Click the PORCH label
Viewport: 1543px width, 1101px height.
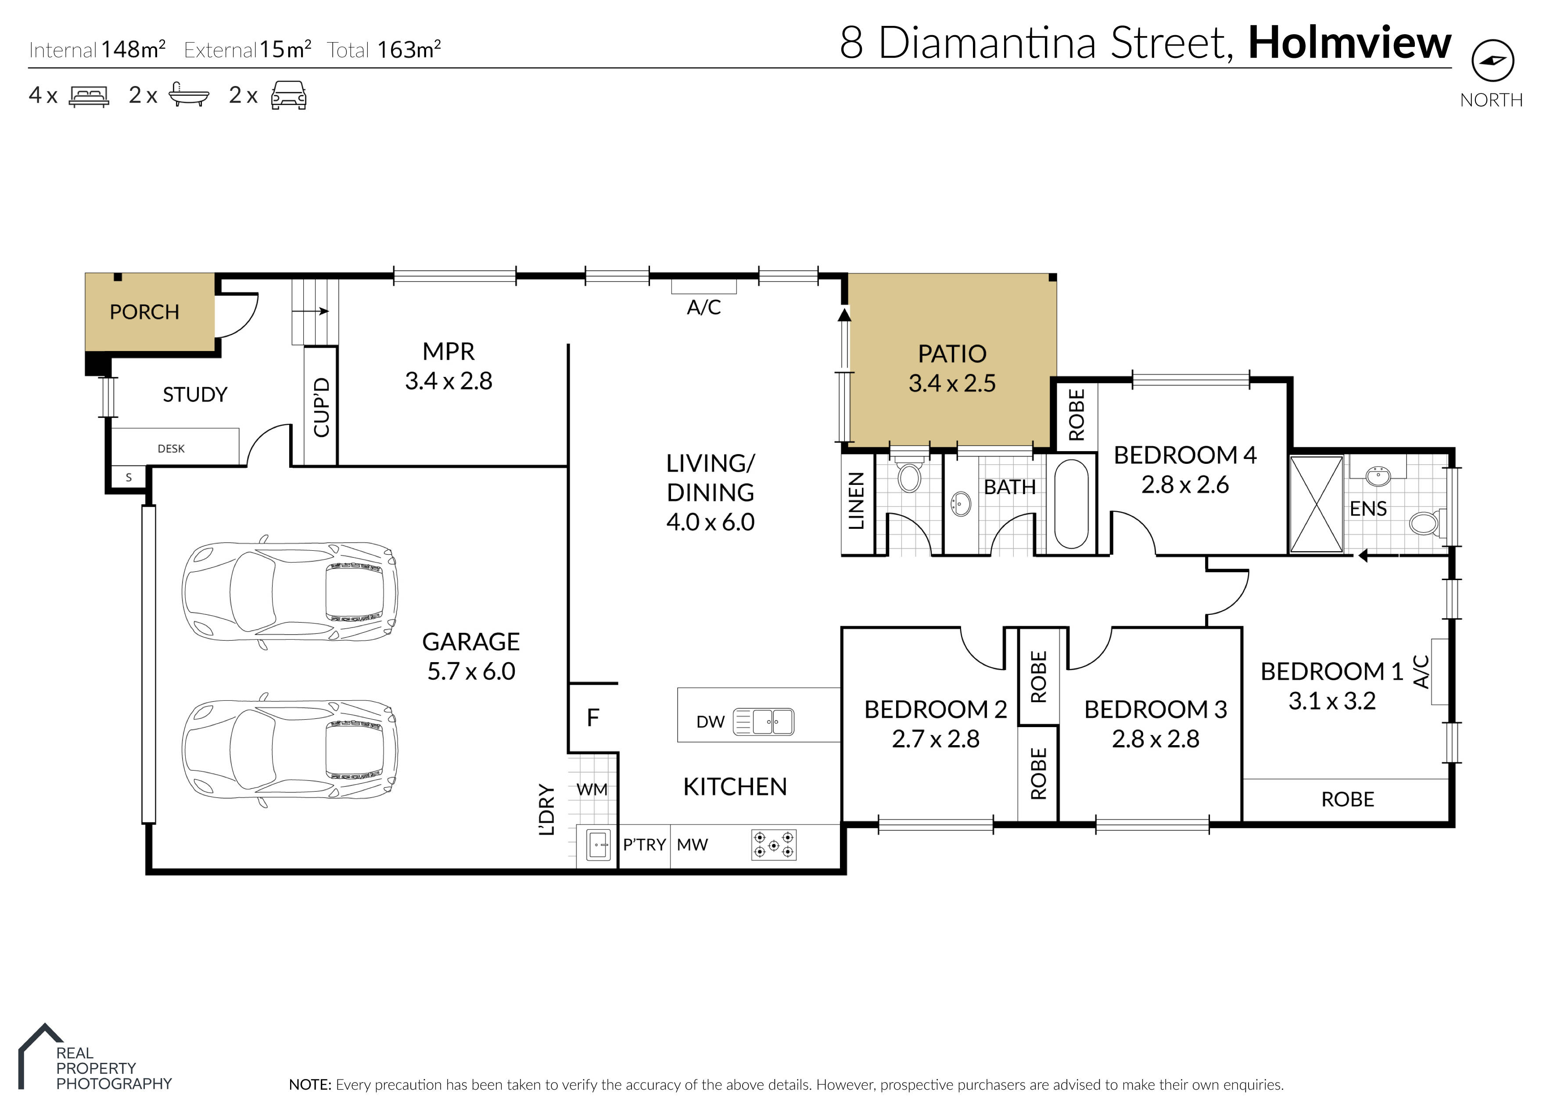point(144,312)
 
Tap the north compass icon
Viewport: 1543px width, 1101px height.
point(1492,61)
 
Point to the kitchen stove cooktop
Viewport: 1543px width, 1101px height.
point(774,845)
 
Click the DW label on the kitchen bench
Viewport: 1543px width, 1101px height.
point(710,722)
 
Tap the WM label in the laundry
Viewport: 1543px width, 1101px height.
point(592,789)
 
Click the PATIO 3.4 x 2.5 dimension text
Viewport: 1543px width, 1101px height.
point(952,383)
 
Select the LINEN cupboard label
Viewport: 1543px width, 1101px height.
point(856,501)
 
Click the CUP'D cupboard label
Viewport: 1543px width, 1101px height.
point(321,408)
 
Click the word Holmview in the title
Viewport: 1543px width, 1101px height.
point(1349,43)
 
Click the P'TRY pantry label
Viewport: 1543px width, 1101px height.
point(645,845)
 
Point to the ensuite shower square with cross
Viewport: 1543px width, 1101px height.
point(1316,504)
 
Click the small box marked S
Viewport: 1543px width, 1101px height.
point(129,477)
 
